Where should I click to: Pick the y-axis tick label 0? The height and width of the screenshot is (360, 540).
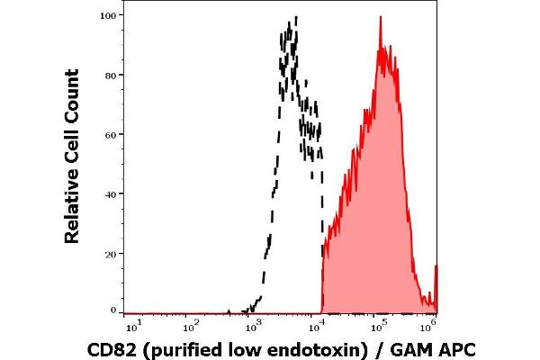tap(113, 311)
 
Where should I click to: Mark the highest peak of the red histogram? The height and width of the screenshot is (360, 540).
tap(381, 17)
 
